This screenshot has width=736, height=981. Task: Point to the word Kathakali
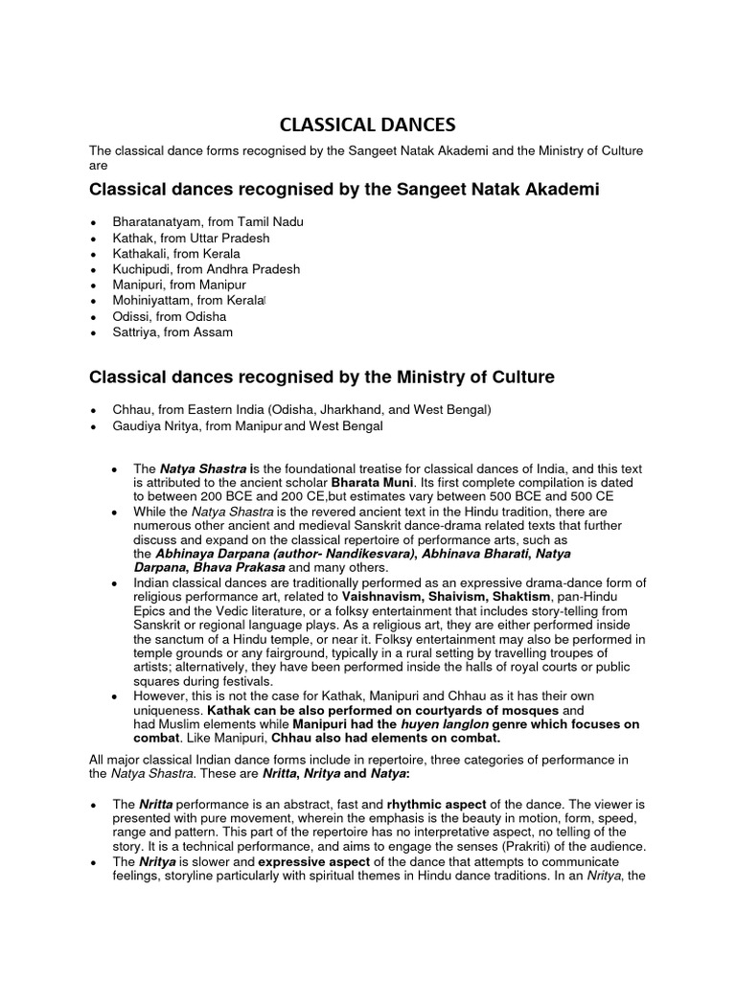click(139, 253)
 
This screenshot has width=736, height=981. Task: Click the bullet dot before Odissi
click(92, 317)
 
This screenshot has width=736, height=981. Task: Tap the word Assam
click(212, 332)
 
